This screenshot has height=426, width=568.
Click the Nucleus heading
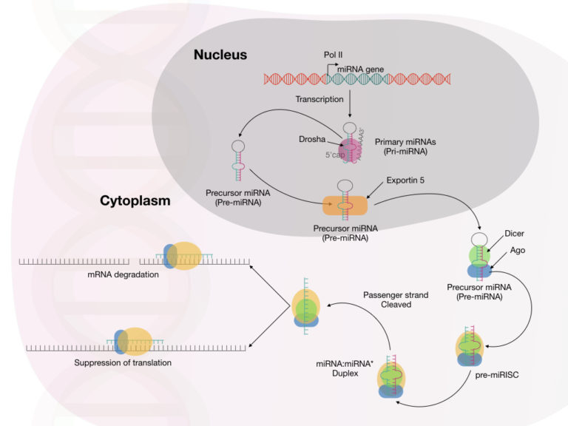[x=220, y=55]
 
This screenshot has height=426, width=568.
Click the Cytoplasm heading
[x=135, y=200]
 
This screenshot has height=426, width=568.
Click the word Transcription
[x=320, y=98]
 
